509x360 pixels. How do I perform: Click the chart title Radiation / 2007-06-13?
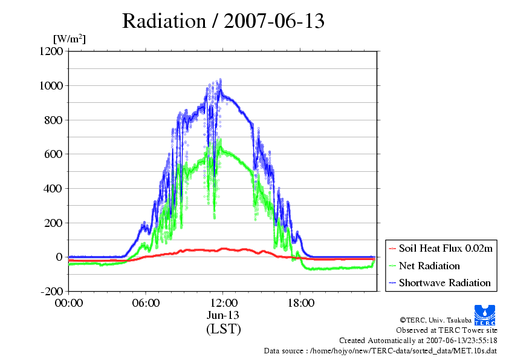coord(223,21)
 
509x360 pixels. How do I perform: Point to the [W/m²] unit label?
coord(70,39)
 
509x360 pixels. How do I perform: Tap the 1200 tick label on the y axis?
coord(51,51)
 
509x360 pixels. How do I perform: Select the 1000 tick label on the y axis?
coord(51,85)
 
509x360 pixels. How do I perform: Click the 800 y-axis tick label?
coord(53,120)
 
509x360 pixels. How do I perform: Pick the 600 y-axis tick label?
coord(53,154)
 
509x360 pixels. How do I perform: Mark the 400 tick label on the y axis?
coord(53,188)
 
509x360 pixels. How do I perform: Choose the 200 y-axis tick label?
coord(53,223)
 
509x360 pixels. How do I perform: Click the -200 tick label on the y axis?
coord(51,291)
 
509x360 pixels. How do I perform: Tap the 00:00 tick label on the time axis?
coord(68,303)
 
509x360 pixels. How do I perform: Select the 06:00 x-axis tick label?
coord(146,303)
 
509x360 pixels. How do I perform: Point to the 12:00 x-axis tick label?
coord(223,303)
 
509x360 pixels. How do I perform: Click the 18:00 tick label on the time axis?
coord(300,303)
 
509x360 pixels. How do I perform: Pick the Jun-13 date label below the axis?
coord(223,315)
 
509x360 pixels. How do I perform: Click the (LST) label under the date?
coord(223,329)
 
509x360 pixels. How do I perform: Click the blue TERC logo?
coord(485,315)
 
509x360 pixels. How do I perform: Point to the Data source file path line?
coord(380,351)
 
